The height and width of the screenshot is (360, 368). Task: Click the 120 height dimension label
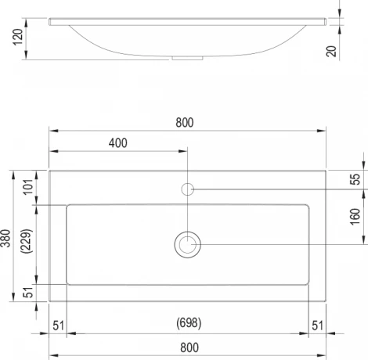click(18, 37)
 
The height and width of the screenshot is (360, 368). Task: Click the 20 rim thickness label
click(331, 51)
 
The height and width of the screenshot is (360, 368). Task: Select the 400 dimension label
click(118, 143)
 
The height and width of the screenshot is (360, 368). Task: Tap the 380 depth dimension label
click(5, 238)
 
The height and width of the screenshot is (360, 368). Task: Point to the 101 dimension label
click(28, 187)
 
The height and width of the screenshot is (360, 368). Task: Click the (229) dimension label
click(27, 241)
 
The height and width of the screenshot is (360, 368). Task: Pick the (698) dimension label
click(189, 323)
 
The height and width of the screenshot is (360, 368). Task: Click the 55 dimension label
click(355, 179)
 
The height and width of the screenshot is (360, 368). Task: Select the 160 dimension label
click(355, 217)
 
